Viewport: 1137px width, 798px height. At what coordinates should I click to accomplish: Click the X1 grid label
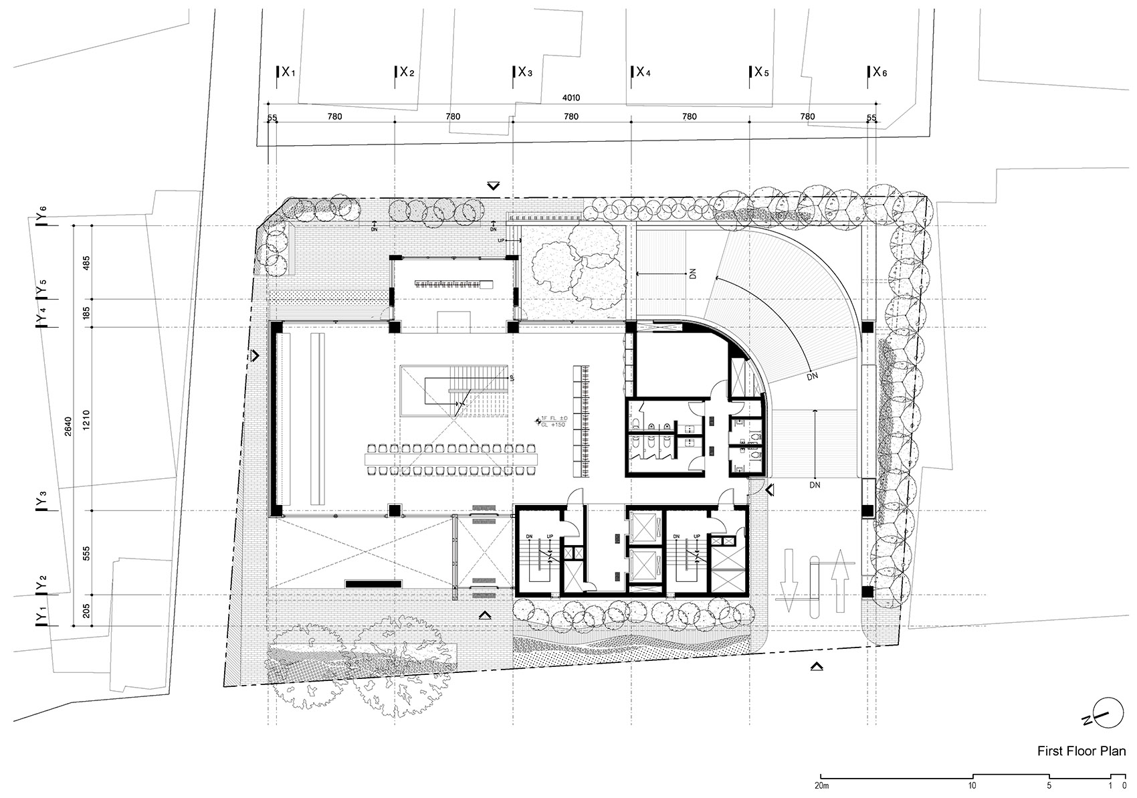(x=287, y=72)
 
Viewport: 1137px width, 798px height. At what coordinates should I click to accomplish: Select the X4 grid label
(x=641, y=72)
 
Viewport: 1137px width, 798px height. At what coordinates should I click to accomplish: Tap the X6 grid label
(x=879, y=72)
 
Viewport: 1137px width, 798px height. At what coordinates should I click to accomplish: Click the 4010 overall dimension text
(x=571, y=98)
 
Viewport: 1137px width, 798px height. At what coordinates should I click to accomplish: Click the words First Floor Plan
(x=1081, y=751)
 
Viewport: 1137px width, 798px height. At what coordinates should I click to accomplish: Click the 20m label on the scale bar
(x=822, y=785)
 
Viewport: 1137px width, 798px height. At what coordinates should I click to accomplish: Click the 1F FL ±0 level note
(x=553, y=421)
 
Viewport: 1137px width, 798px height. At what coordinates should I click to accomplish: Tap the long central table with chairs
(x=452, y=460)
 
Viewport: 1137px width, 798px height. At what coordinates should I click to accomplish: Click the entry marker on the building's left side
(x=255, y=355)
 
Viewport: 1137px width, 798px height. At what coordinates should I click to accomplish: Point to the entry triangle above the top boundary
(x=494, y=186)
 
